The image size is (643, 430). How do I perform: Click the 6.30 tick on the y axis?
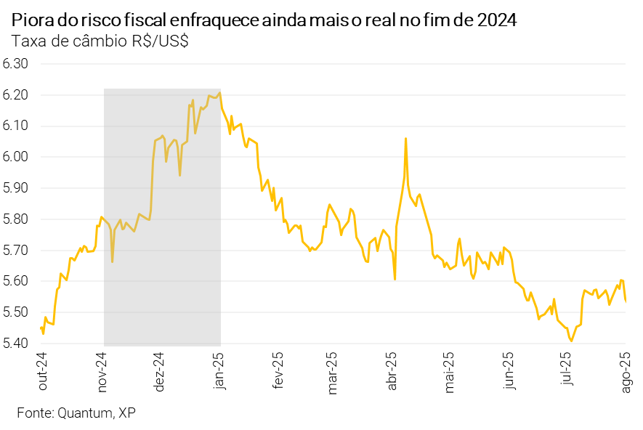pyautogui.click(x=15, y=64)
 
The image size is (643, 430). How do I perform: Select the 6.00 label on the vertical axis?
pyautogui.click(x=15, y=157)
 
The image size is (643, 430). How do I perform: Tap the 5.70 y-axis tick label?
pyautogui.click(x=15, y=250)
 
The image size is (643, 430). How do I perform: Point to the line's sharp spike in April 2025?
pyautogui.click(x=405, y=138)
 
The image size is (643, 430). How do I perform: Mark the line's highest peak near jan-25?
pyautogui.click(x=219, y=92)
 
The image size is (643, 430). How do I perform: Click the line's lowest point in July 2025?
pyautogui.click(x=572, y=341)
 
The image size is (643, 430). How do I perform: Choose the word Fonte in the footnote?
pyautogui.click(x=33, y=413)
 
